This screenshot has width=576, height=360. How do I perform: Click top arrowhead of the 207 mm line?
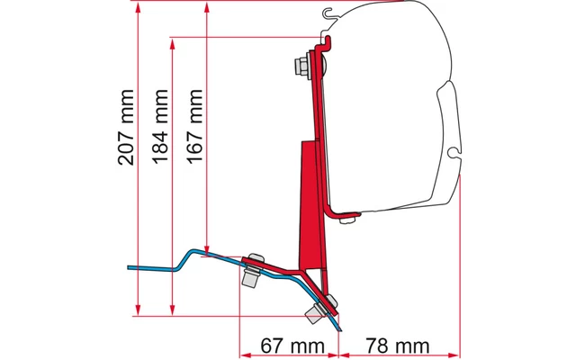point(137,6)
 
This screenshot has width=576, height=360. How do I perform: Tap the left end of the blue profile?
point(130,267)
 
